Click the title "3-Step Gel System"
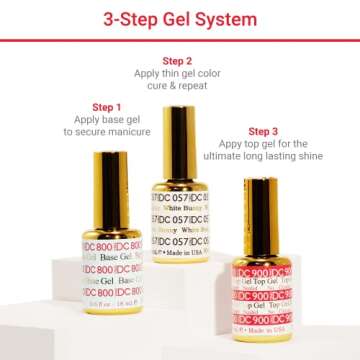click(x=179, y=18)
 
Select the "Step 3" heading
click(x=263, y=131)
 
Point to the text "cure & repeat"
click(x=177, y=86)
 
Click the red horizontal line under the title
click(x=179, y=41)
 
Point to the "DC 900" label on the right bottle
click(x=258, y=296)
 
